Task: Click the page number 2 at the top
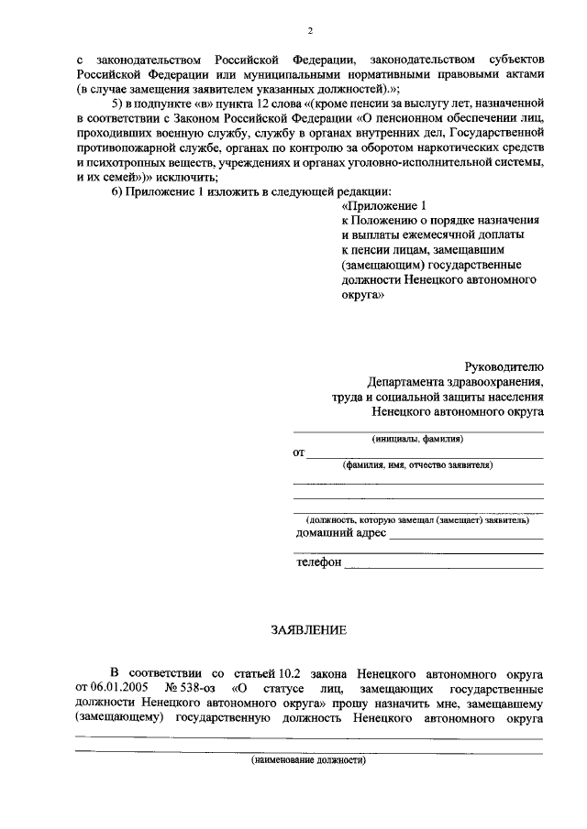click(310, 31)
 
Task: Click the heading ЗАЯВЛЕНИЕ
click(308, 631)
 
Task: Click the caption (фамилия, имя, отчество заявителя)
click(417, 465)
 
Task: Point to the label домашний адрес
click(341, 533)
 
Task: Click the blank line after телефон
click(443, 566)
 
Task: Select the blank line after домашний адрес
click(466, 538)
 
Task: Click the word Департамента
click(413, 381)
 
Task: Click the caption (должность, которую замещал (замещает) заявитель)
click(417, 519)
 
